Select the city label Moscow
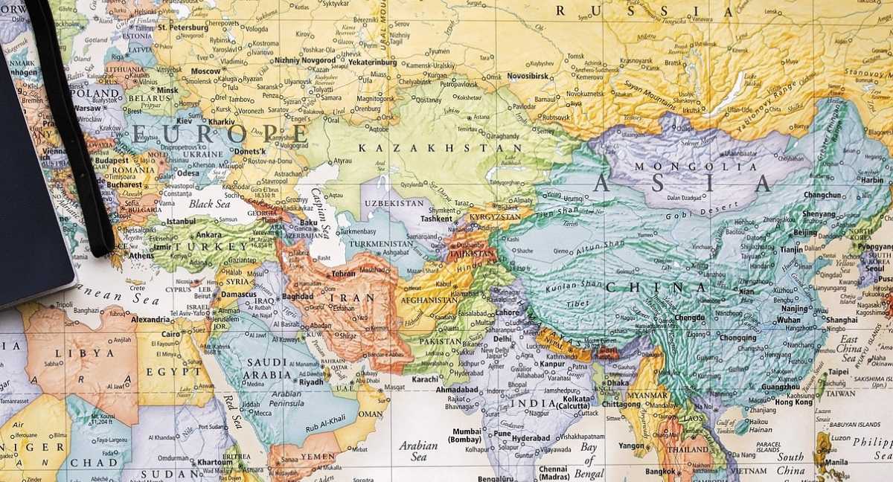pyautogui.click(x=205, y=71)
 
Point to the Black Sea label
pyautogui.click(x=211, y=204)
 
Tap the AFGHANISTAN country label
pyautogui.click(x=430, y=301)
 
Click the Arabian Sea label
pyautogui.click(x=417, y=452)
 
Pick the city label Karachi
pyautogui.click(x=426, y=379)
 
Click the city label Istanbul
pyautogui.click(x=181, y=221)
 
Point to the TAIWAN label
pyautogui.click(x=840, y=393)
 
